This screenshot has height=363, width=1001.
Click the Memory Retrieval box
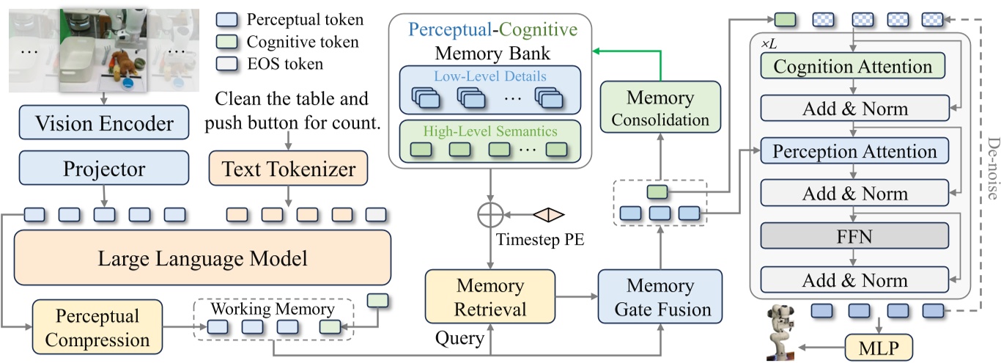(490, 296)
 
